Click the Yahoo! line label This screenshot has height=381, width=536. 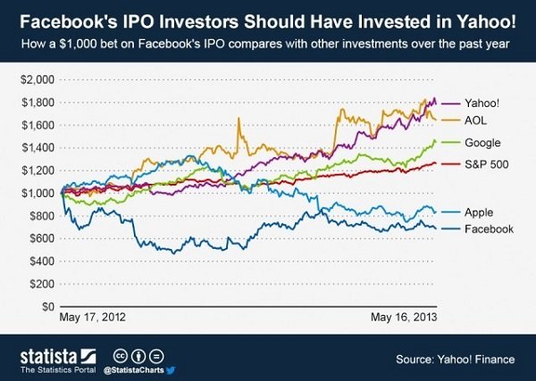(483, 104)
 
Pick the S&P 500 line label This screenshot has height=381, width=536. (486, 164)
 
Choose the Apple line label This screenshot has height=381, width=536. (480, 211)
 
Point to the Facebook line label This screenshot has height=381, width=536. (489, 229)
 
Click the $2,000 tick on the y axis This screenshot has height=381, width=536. (37, 80)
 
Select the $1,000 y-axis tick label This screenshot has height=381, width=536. (37, 193)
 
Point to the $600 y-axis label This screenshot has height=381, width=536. (41, 238)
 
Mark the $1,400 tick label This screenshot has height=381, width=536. (37, 148)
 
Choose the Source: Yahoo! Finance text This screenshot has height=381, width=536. (456, 360)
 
